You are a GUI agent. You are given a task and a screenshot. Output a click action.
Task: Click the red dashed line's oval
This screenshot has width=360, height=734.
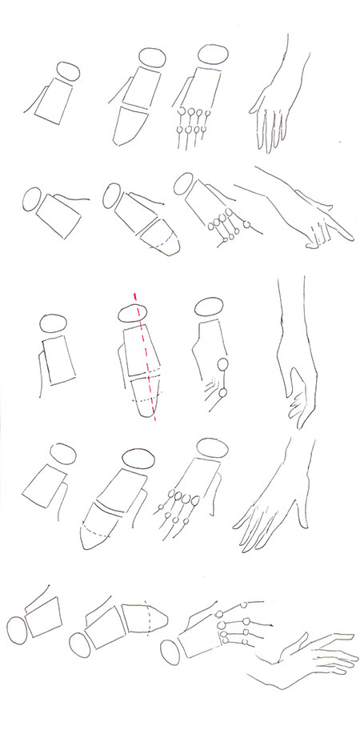137,307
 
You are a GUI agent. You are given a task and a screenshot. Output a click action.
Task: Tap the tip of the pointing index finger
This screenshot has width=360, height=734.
350,236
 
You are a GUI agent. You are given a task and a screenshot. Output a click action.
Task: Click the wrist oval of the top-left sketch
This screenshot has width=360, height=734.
66,71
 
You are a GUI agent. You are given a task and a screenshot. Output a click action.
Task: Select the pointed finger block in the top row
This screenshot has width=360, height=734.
130,126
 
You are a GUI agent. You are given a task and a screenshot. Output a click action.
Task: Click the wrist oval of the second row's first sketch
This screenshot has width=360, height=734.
33,200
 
